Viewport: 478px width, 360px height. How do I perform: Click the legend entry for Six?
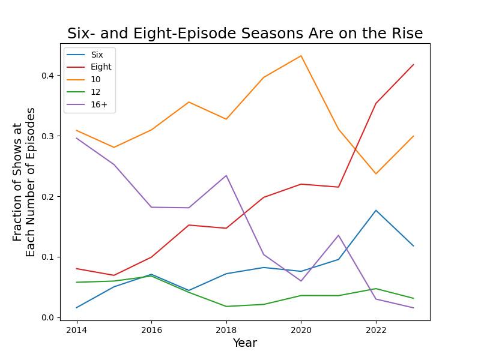click(97, 55)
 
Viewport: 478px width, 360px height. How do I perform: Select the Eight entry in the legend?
click(101, 67)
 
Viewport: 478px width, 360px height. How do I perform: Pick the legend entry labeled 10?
click(95, 80)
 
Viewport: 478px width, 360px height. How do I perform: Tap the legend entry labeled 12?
click(95, 92)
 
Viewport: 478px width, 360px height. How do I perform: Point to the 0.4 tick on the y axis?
click(47, 76)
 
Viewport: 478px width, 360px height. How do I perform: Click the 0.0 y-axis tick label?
click(47, 317)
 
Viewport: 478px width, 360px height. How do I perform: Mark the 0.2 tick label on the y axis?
click(47, 197)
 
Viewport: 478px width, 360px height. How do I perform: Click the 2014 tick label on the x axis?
click(76, 330)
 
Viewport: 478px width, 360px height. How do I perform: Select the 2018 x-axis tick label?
click(226, 330)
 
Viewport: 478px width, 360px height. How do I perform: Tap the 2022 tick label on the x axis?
click(376, 330)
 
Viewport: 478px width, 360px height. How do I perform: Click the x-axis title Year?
click(245, 343)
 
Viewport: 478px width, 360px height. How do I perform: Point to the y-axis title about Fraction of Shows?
click(24, 182)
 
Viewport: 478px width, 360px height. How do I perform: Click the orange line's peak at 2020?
click(301, 56)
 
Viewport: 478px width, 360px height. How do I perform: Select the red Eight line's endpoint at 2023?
click(413, 65)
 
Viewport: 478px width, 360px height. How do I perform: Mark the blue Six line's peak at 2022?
click(376, 211)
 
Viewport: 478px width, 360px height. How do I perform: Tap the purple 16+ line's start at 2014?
click(76, 138)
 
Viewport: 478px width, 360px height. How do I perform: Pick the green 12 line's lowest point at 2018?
click(226, 307)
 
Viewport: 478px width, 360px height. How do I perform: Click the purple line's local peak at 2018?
click(226, 176)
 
